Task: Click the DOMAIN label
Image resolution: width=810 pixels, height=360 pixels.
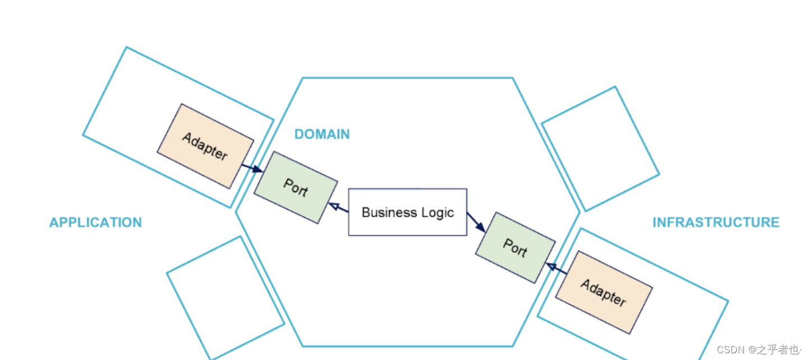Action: [x=322, y=134]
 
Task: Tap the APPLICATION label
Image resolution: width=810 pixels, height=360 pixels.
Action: [x=95, y=223]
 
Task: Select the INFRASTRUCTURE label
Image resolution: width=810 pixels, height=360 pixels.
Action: [x=716, y=223]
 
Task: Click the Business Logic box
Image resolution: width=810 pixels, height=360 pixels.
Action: [x=408, y=212]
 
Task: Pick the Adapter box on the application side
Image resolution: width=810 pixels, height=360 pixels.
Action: [x=205, y=146]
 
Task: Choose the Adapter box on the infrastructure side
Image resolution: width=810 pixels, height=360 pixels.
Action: [x=604, y=292]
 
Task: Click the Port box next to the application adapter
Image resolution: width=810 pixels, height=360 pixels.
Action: [x=296, y=187]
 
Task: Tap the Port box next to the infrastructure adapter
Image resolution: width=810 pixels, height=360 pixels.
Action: [x=515, y=247]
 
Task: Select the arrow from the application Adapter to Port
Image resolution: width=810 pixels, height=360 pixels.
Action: [x=252, y=168]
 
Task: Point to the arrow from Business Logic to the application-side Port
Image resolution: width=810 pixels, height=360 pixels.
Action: [x=338, y=208]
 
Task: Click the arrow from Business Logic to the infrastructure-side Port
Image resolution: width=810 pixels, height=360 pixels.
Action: [x=476, y=223]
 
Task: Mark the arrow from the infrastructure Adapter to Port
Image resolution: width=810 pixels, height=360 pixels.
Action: [x=557, y=269]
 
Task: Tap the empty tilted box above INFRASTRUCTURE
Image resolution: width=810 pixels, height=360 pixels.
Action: [x=600, y=149]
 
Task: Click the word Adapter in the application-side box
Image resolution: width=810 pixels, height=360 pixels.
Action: [x=205, y=146]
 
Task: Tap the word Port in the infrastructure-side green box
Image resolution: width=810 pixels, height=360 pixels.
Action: [x=515, y=247]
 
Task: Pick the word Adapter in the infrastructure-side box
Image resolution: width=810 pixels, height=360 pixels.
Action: [x=604, y=292]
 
